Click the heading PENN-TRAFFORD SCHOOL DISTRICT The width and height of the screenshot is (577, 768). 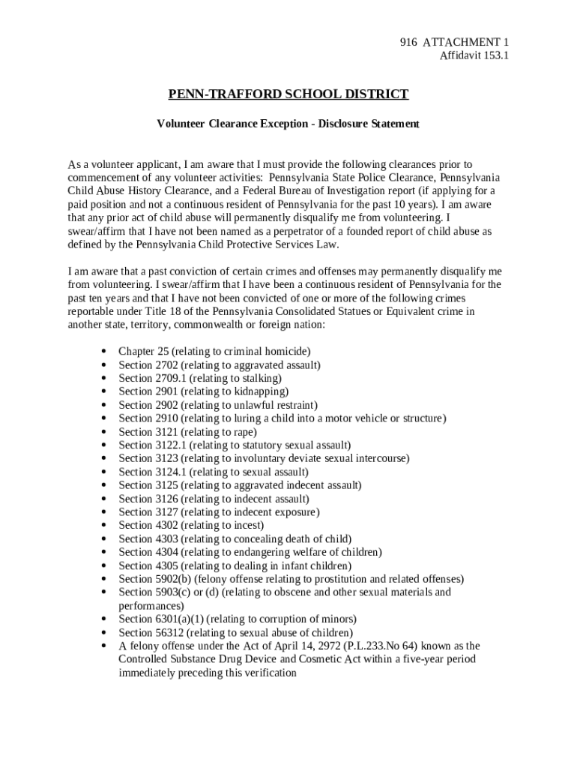[288, 94]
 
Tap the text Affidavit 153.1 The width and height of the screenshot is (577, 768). [474, 55]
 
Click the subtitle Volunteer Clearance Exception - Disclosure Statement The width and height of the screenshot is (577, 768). [288, 123]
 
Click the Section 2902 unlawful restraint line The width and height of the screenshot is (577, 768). [213, 405]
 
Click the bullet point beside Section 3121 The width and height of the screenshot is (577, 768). [103, 432]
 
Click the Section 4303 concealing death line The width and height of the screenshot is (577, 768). [235, 538]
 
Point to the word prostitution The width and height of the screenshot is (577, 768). [332, 579]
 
